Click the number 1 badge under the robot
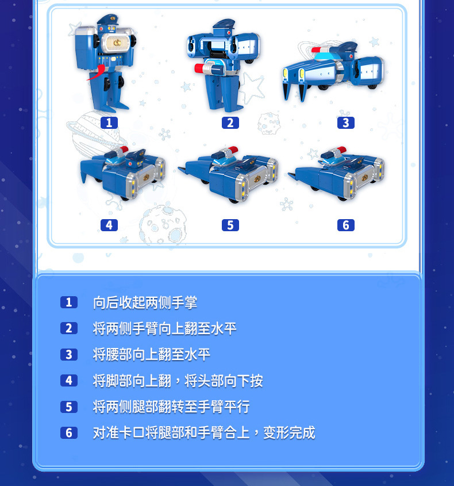tap(109, 123)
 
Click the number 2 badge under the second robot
tap(230, 123)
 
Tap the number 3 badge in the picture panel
tap(345, 123)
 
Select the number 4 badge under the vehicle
tap(109, 225)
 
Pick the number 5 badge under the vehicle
tap(230, 225)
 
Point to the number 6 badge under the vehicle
tap(345, 225)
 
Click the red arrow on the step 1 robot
tap(97, 73)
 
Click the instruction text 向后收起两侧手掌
tap(145, 303)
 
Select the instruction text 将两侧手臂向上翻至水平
tap(164, 328)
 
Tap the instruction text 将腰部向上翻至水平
tap(152, 354)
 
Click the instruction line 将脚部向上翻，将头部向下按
tap(178, 381)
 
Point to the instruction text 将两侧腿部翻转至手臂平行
tap(171, 407)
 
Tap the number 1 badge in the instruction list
tap(68, 303)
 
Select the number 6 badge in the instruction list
tap(68, 433)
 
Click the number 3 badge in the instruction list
tap(68, 354)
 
